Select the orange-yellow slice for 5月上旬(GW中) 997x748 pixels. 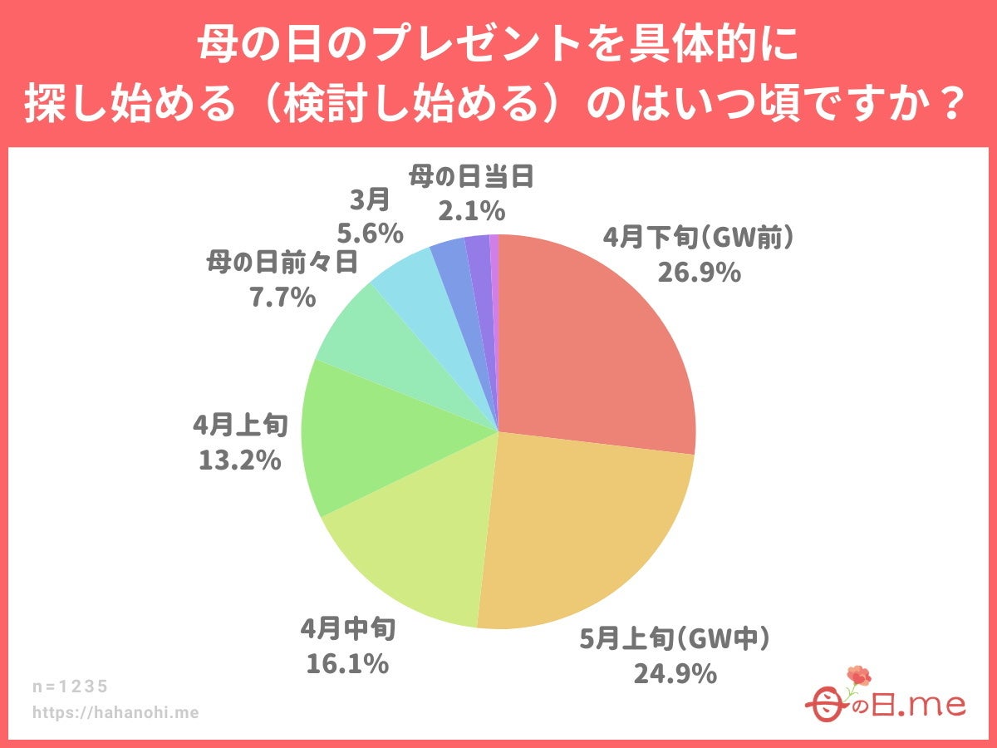582,532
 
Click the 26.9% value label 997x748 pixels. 699,272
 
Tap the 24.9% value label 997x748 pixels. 675,672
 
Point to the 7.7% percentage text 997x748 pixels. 282,297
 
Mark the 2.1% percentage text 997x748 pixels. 470,211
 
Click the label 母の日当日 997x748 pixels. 470,177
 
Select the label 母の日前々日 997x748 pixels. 282,263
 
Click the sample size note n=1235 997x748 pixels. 71,686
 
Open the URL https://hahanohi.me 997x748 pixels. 115,712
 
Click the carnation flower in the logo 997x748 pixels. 857,677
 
